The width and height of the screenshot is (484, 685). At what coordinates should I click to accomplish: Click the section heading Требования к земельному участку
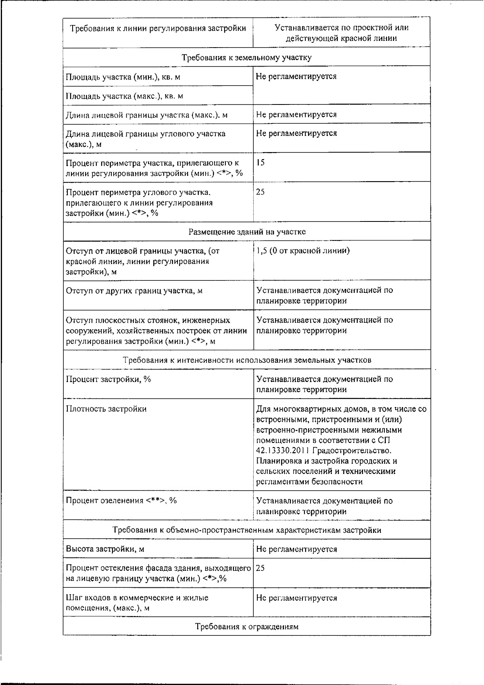point(246,57)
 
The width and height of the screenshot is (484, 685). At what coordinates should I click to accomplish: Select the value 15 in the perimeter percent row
point(260,163)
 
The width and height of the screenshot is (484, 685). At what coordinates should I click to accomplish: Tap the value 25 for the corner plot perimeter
point(260,192)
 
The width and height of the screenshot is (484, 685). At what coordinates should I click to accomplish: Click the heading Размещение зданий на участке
point(246,232)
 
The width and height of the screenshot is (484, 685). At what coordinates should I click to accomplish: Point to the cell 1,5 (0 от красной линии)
point(303,251)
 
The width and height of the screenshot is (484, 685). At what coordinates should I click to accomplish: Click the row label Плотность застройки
point(106,409)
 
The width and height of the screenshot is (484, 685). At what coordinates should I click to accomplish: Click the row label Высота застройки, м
point(105,549)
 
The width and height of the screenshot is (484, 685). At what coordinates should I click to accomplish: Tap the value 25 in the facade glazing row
point(260,568)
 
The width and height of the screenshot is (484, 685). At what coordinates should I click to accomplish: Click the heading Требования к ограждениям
point(246,627)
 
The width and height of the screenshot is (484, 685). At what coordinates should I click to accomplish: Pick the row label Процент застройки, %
point(108,379)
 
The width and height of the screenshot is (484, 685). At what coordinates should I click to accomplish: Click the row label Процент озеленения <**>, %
point(121,501)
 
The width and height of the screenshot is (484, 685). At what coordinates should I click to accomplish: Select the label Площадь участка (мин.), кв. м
point(123,77)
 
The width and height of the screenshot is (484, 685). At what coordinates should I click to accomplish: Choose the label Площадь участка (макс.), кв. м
point(124,96)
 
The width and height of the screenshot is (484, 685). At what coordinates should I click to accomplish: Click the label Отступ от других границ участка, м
point(134,290)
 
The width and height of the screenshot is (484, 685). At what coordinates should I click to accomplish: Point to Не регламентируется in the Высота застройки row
point(296,549)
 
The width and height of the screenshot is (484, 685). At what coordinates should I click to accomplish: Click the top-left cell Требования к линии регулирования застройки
point(158,28)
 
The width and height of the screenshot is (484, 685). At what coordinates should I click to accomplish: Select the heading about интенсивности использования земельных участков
point(246,360)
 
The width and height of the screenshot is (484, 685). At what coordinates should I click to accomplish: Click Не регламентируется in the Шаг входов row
point(296,598)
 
